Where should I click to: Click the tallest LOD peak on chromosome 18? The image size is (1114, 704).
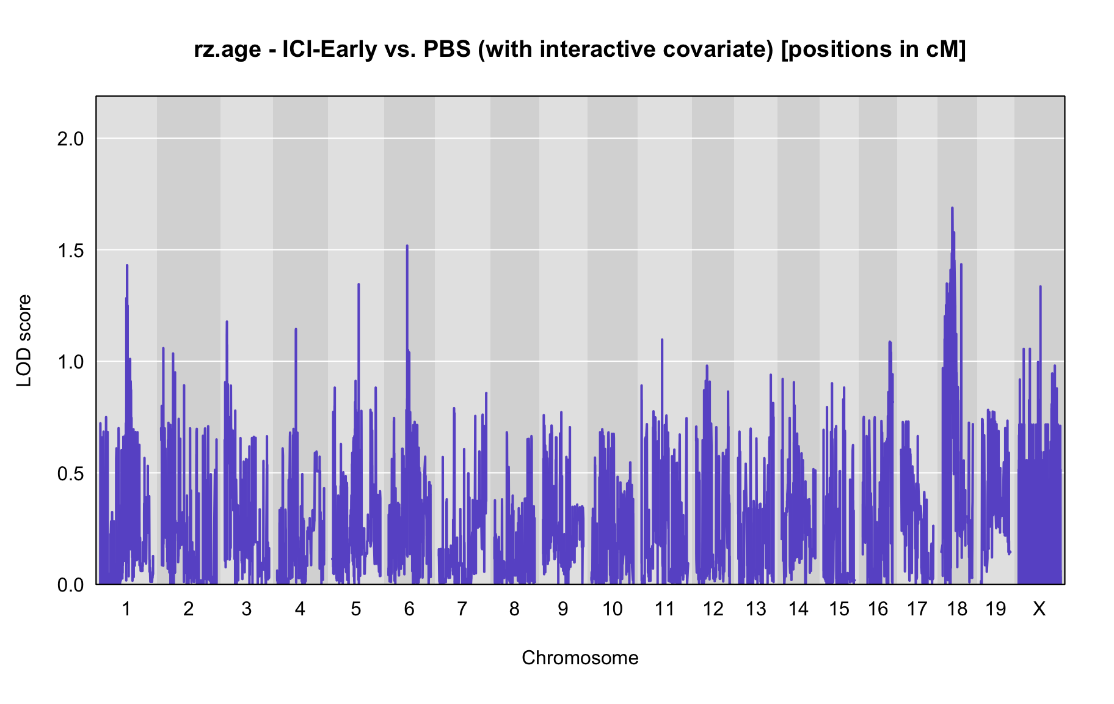tap(952, 208)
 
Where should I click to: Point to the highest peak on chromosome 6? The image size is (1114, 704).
tap(407, 246)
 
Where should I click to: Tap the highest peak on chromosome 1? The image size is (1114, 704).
tap(127, 265)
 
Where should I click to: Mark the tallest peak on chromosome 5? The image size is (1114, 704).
tap(359, 284)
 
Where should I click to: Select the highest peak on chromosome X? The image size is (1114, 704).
tap(1040, 286)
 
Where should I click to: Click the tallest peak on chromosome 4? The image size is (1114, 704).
tap(296, 329)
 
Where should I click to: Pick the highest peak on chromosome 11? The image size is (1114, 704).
tap(662, 339)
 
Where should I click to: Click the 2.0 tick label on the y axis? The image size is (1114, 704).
tap(70, 139)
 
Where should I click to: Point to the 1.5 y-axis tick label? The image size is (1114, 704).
tap(70, 251)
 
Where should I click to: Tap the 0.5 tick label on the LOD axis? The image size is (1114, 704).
tap(70, 474)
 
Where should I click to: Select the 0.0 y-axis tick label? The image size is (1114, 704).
tap(70, 585)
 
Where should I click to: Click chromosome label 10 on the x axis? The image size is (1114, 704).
tap(613, 609)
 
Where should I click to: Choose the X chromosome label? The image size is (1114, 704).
tap(1039, 609)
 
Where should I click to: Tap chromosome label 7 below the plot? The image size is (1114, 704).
tap(462, 609)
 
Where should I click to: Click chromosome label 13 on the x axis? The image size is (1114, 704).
tap(756, 609)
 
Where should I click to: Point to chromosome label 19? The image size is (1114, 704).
tap(996, 609)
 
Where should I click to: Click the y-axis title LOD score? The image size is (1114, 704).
tap(24, 340)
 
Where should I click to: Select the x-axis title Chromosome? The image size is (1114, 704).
tap(580, 658)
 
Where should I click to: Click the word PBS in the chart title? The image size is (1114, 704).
tap(448, 50)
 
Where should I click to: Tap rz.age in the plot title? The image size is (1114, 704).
tap(228, 50)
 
